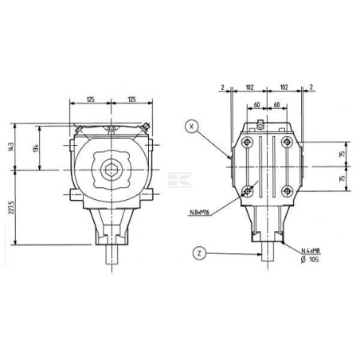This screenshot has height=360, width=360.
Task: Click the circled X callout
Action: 192,127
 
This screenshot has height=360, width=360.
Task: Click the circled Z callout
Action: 199,253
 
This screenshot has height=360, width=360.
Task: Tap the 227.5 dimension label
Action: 11,207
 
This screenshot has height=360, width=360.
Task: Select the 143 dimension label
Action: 11,147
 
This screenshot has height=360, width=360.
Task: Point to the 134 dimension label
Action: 36,148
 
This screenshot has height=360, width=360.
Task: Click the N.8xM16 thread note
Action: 200,213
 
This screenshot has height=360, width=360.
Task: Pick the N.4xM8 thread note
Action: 311,251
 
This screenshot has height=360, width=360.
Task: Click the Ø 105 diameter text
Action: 310,260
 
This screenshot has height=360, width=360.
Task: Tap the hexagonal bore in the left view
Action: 112,170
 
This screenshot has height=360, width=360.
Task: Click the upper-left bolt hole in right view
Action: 247,143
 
